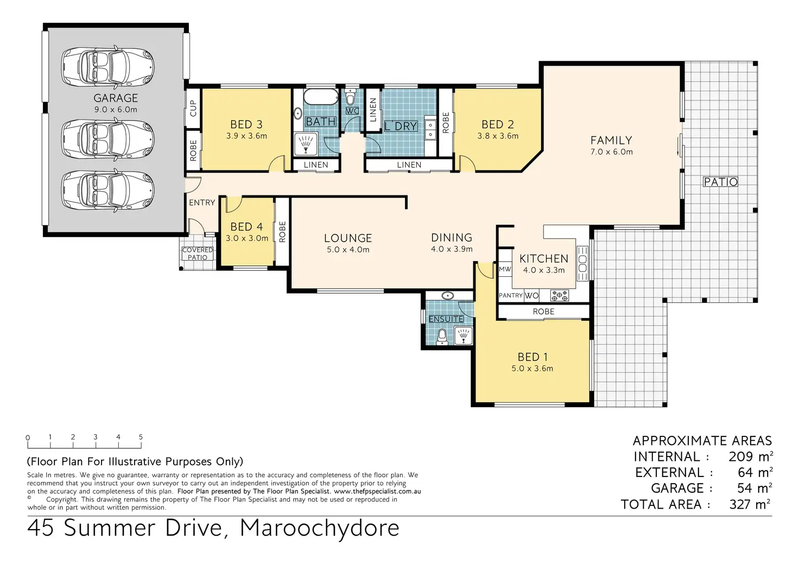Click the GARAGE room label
[116, 98]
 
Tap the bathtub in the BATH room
[321, 97]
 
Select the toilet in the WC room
[352, 96]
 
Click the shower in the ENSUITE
[464, 336]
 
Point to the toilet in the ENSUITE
[442, 337]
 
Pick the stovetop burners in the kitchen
[559, 295]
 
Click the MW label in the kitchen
[505, 269]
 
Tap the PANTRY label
[511, 295]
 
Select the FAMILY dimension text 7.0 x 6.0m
[611, 152]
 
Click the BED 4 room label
[246, 227]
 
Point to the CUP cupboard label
[193, 108]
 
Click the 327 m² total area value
[750, 504]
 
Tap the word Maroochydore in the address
[319, 528]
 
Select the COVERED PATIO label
[198, 253]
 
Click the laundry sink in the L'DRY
[431, 130]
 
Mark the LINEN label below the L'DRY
[409, 165]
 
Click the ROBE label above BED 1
[543, 312]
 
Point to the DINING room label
[452, 238]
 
